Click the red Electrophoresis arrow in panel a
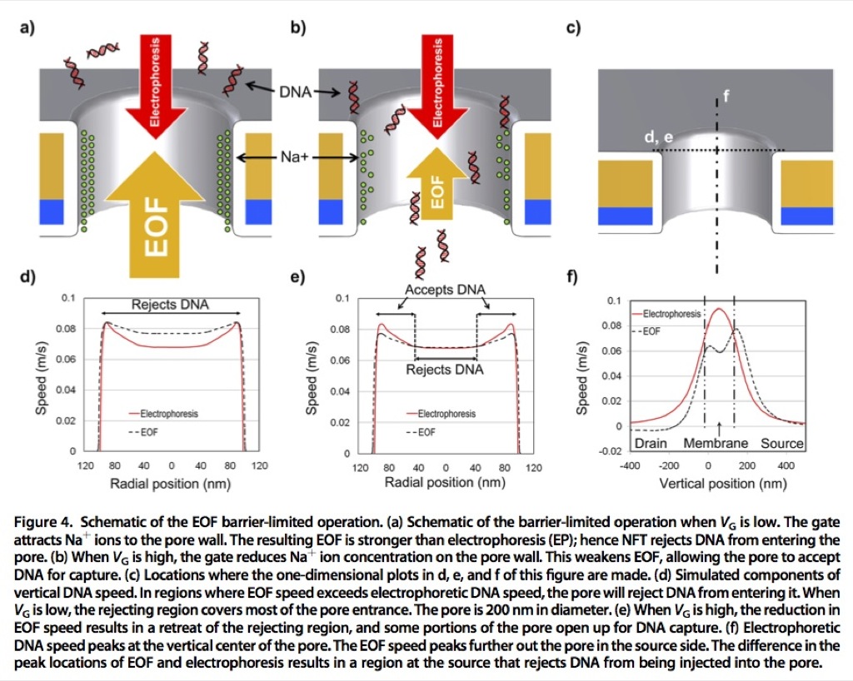click(x=156, y=87)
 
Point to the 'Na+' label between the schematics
click(x=294, y=157)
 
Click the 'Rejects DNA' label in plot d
click(x=170, y=305)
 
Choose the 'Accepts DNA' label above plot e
click(x=445, y=290)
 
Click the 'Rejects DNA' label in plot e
click(x=445, y=370)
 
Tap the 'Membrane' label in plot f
click(x=716, y=444)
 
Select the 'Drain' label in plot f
click(x=651, y=444)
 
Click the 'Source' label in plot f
click(x=781, y=444)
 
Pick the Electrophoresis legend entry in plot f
click(x=667, y=314)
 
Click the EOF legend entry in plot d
click(x=143, y=432)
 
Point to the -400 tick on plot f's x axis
click(x=630, y=465)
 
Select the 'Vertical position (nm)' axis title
click(x=723, y=484)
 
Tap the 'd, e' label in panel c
click(x=658, y=137)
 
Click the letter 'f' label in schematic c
click(x=726, y=97)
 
